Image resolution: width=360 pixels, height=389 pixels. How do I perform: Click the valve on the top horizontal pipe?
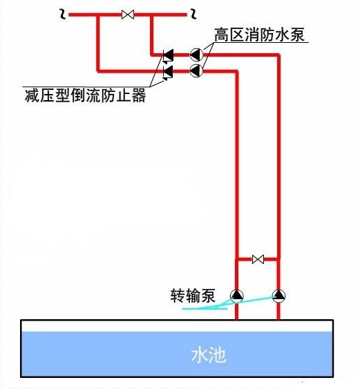point(128,15)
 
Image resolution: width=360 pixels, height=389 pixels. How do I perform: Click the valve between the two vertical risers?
point(258,260)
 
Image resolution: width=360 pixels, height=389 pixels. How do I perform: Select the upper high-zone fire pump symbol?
point(196,55)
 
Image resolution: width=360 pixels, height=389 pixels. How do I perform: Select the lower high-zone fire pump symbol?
point(196,70)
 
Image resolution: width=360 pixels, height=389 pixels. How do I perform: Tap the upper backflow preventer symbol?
point(168,55)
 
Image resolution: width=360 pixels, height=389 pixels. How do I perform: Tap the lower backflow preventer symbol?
point(168,72)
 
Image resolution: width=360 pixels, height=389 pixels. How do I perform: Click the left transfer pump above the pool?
point(237,296)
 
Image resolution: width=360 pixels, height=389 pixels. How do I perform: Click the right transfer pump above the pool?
point(278,296)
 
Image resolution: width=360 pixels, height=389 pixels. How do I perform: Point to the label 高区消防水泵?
point(259,35)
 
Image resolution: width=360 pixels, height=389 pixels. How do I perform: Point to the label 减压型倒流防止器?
point(85,95)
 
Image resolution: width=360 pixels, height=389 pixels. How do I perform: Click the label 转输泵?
point(193,296)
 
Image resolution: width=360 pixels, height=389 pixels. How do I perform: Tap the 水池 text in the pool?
point(209,355)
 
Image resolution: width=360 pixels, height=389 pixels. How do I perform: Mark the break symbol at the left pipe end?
point(63,15)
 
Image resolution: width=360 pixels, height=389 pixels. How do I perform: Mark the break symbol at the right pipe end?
point(193,14)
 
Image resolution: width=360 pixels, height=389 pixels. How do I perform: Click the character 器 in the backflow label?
point(138,95)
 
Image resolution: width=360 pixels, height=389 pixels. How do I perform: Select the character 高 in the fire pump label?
point(222,35)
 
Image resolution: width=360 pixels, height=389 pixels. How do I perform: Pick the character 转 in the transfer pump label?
point(178,296)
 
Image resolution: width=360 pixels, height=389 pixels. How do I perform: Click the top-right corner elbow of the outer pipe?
point(278,55)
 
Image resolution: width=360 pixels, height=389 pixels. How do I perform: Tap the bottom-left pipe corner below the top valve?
point(98,71)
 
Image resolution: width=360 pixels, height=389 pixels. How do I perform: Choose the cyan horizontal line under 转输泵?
point(205,309)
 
